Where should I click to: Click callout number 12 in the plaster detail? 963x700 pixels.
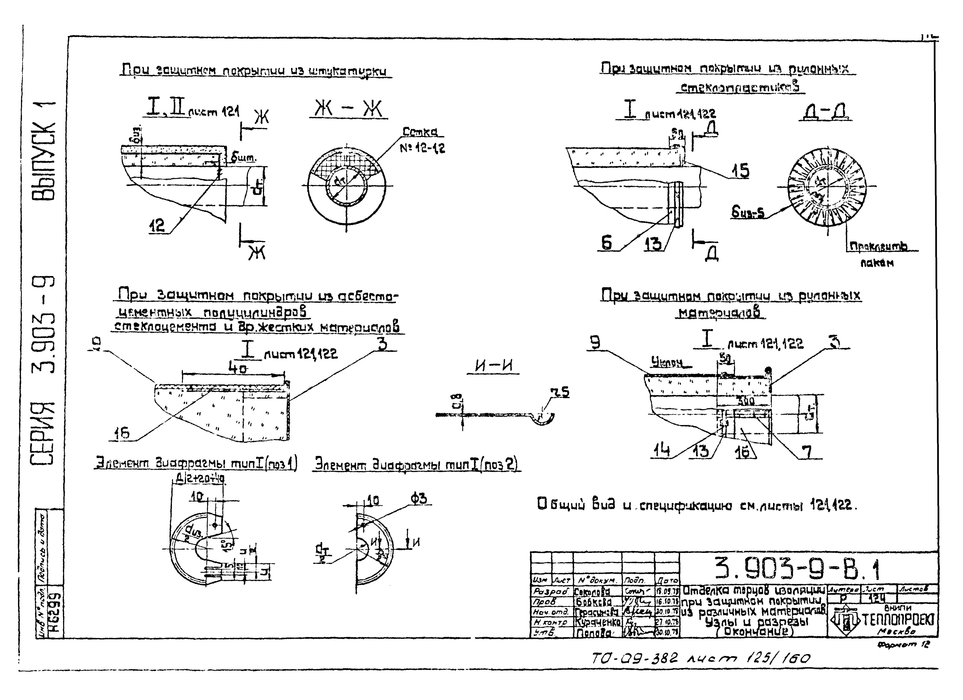(x=157, y=225)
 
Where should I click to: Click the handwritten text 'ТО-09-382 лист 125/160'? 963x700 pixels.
(x=701, y=658)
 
